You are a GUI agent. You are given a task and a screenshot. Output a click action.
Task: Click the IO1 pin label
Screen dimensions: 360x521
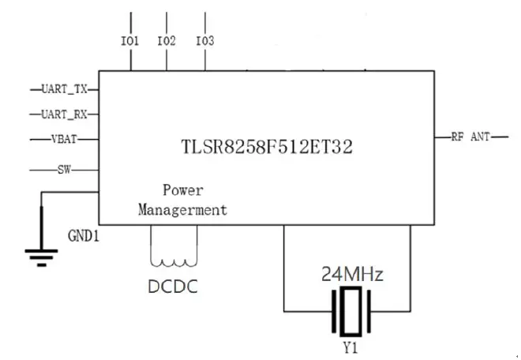(x=130, y=40)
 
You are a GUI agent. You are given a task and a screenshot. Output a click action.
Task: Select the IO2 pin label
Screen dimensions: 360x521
(x=167, y=40)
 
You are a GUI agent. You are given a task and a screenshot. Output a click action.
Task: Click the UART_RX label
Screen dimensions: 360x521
(x=64, y=114)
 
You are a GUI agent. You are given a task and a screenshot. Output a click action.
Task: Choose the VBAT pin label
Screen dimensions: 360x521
(x=65, y=140)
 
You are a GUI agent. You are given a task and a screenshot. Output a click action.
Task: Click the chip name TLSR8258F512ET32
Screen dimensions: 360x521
(x=265, y=147)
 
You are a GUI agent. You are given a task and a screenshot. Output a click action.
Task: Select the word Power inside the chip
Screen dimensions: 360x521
(x=183, y=190)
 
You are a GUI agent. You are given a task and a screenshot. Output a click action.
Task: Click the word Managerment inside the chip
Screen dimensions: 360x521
(x=183, y=209)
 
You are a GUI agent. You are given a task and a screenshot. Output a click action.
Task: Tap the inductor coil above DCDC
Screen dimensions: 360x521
(x=172, y=261)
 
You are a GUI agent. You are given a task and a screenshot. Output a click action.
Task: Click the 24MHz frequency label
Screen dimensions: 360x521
(x=352, y=276)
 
